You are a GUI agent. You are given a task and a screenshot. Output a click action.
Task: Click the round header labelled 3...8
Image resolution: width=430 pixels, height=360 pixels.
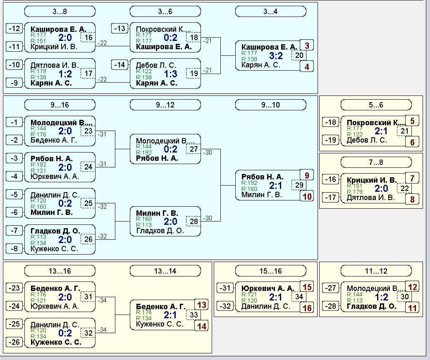[x=60, y=12]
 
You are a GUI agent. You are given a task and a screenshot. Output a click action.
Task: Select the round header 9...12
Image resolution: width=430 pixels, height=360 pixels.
[x=165, y=105]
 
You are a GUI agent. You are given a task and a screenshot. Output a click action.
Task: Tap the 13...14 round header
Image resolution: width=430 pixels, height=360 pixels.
[x=165, y=271]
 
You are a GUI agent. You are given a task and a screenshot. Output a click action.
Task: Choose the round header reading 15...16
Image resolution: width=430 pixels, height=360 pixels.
[x=271, y=271]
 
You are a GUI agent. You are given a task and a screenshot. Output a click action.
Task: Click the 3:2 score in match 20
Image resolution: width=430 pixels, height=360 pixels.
[x=276, y=56]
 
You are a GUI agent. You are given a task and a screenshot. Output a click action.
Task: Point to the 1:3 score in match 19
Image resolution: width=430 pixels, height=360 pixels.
[x=171, y=74]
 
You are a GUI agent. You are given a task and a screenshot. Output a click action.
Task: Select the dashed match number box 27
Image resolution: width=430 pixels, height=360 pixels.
[x=193, y=149]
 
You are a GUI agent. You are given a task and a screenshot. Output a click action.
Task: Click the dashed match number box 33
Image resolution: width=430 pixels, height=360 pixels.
[x=193, y=315]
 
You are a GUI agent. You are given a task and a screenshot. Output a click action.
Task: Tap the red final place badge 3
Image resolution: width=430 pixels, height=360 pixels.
[x=307, y=45]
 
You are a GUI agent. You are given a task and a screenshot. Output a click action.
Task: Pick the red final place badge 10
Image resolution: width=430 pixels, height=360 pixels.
[x=307, y=196]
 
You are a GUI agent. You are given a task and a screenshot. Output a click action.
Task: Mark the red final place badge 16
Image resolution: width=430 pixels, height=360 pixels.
[x=307, y=308]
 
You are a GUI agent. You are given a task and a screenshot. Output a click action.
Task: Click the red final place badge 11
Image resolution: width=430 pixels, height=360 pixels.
[x=412, y=308]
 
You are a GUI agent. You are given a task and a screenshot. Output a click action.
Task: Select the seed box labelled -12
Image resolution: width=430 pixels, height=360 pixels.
[x=14, y=29]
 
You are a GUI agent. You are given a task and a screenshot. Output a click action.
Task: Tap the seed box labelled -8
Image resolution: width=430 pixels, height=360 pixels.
[x=14, y=249]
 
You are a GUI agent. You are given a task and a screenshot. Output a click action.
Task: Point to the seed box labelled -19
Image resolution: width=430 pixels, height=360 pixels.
[x=330, y=140]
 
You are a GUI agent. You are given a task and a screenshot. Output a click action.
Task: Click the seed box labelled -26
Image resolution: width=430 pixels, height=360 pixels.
[x=14, y=342]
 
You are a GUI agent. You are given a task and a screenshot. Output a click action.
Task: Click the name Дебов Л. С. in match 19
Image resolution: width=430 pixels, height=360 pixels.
[x=156, y=65]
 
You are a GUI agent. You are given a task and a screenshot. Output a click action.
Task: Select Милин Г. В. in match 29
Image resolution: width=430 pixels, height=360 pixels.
[x=262, y=195]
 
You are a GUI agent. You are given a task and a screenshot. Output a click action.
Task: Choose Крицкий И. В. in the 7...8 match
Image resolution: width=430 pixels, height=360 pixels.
[x=372, y=180]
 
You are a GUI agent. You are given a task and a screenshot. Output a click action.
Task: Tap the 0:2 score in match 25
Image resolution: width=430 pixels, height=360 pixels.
[x=65, y=203]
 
